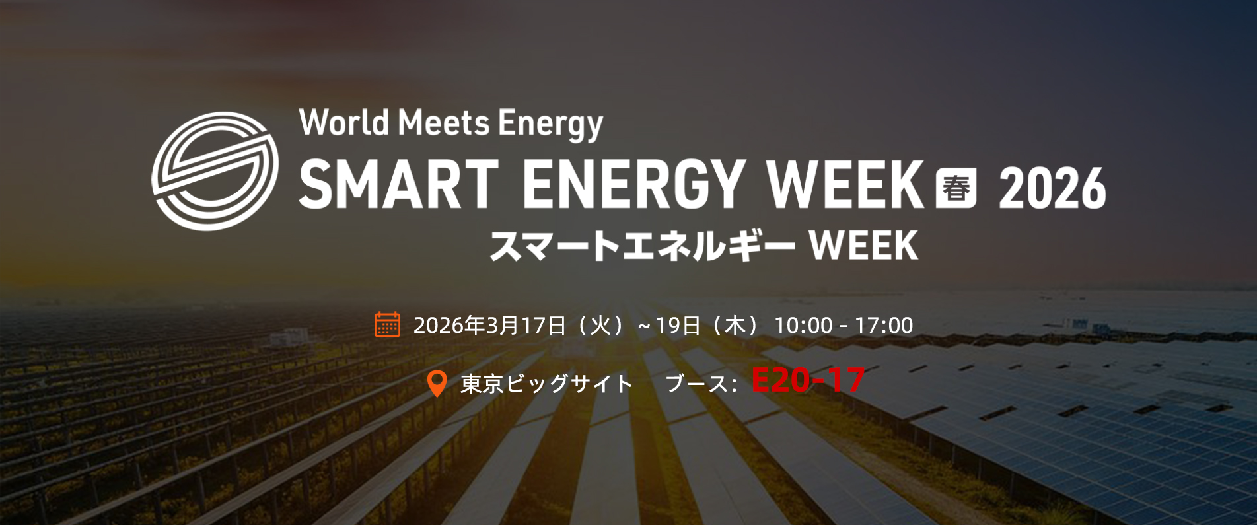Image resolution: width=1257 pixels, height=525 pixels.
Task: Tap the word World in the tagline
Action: click(x=343, y=122)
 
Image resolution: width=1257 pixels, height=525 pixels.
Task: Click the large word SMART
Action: click(x=398, y=184)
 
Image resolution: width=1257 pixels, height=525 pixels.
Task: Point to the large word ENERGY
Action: click(x=635, y=184)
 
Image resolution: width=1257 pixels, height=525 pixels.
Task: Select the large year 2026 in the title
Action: click(x=1052, y=188)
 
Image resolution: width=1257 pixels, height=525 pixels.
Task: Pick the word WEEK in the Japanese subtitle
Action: click(x=864, y=245)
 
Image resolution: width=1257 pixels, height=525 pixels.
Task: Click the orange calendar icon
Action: click(x=387, y=324)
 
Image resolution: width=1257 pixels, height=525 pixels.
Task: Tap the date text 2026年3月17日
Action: click(x=489, y=325)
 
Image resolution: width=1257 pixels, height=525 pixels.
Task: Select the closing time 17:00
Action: click(x=884, y=325)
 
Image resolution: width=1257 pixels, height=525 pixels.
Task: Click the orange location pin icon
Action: click(x=437, y=384)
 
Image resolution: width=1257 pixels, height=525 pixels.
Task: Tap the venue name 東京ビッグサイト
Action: click(x=547, y=384)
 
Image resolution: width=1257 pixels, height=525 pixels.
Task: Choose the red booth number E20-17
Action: click(x=808, y=380)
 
